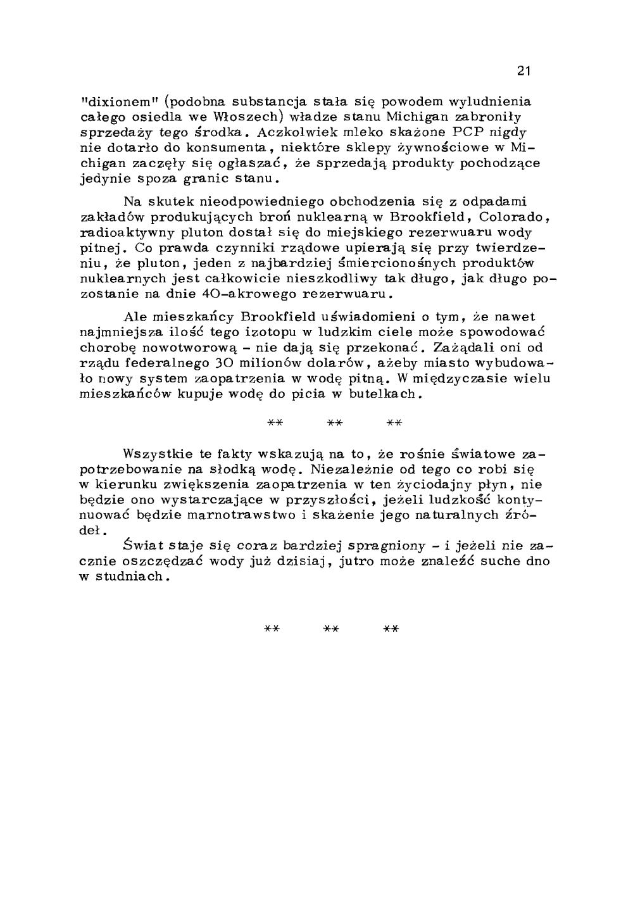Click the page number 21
[x=523, y=71]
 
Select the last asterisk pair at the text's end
[x=392, y=629]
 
